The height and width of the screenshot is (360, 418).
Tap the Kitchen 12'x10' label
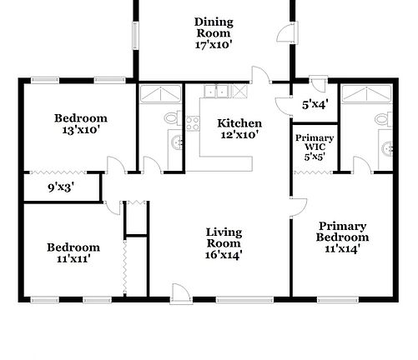pyautogui.click(x=239, y=128)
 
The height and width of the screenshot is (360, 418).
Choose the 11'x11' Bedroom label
pyautogui.click(x=73, y=252)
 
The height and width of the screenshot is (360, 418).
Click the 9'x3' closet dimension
pyautogui.click(x=59, y=187)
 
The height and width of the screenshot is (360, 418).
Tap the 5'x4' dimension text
pyautogui.click(x=314, y=104)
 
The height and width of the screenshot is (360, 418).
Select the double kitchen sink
pyautogui.click(x=220, y=92)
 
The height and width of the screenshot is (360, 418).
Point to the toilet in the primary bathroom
pyautogui.click(x=384, y=122)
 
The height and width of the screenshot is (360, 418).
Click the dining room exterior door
pyautogui.click(x=285, y=35)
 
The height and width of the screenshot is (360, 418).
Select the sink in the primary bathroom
pyautogui.click(x=385, y=148)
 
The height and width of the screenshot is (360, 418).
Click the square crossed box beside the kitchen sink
pyautogui.click(x=241, y=92)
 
